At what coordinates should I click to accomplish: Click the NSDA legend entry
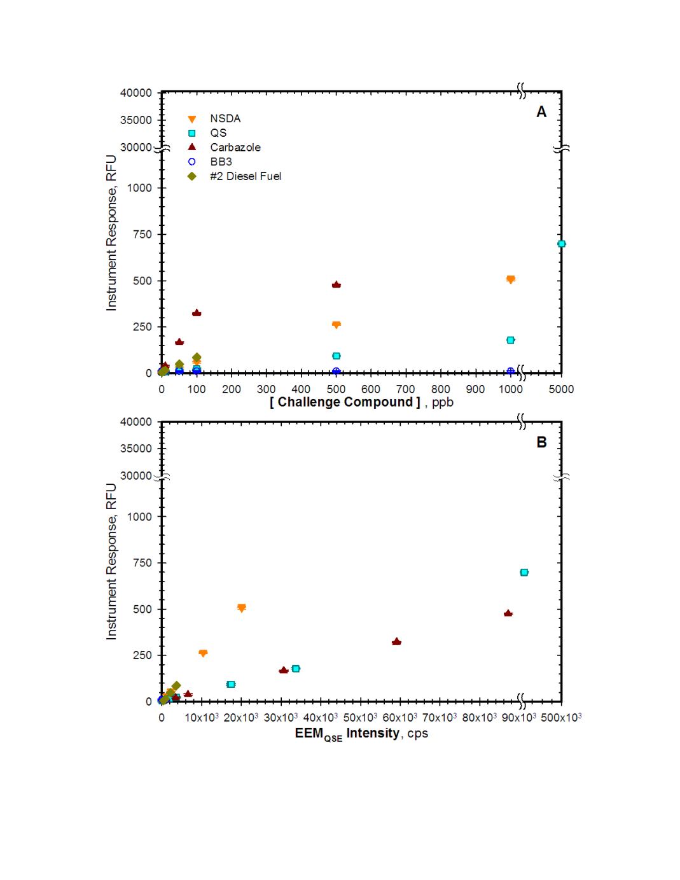[225, 118]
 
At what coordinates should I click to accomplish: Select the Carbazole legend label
[235, 147]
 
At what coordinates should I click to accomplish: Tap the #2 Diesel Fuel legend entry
[246, 176]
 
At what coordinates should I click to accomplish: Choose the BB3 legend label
[221, 162]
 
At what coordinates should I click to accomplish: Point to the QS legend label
[218, 133]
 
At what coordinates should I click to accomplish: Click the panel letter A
[541, 112]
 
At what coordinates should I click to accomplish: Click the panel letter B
[541, 442]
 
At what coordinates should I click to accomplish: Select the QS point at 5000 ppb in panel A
[561, 244]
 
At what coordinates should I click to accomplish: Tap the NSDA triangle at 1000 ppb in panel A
[510, 279]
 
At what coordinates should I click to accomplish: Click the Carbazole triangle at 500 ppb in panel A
[336, 284]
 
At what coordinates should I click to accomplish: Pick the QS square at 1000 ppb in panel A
[510, 340]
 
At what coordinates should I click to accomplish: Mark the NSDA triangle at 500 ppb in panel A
[336, 325]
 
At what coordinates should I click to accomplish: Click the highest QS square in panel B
[524, 572]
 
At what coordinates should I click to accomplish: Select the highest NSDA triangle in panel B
[241, 608]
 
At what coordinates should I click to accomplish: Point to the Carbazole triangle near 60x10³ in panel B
[396, 641]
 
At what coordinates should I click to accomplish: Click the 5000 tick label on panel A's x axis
[561, 389]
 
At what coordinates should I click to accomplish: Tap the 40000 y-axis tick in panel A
[136, 93]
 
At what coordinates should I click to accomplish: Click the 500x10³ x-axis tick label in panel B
[561, 717]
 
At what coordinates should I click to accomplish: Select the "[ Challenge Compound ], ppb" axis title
[361, 402]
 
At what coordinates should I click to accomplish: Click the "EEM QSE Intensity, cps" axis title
[361, 734]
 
